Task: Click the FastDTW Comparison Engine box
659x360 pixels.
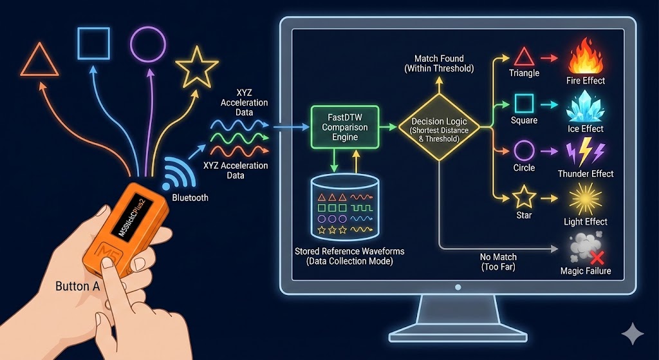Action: coord(344,128)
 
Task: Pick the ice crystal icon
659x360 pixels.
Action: coord(584,107)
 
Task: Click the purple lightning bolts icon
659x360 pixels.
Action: coord(584,154)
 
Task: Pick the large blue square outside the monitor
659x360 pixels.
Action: coord(93,43)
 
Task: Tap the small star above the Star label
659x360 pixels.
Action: coord(524,196)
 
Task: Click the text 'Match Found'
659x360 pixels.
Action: coord(439,58)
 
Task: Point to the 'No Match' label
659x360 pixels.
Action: coord(498,257)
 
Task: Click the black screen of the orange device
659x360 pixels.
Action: coord(127,219)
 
